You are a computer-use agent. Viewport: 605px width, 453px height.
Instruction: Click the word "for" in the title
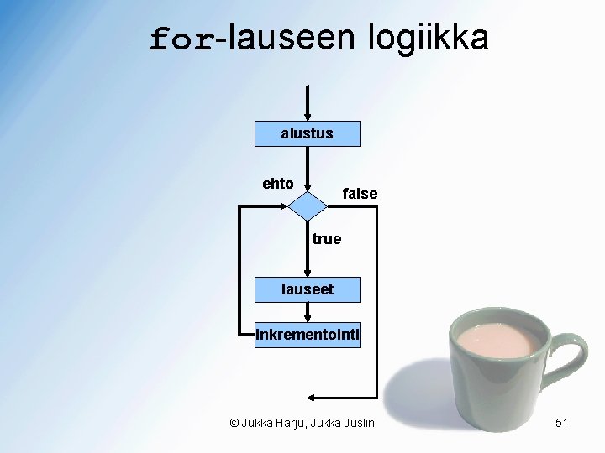point(182,39)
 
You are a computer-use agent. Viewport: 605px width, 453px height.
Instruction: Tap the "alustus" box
point(308,133)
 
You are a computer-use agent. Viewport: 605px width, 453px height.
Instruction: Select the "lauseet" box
point(308,289)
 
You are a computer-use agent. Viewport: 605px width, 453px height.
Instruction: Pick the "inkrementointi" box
point(308,336)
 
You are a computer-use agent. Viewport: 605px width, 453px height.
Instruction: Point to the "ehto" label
point(277,184)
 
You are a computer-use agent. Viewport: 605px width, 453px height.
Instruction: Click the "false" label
point(360,194)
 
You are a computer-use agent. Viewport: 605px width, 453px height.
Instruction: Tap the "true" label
point(327,239)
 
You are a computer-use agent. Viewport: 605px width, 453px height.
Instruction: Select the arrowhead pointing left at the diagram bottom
point(313,397)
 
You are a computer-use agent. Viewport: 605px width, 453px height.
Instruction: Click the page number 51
point(562,424)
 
